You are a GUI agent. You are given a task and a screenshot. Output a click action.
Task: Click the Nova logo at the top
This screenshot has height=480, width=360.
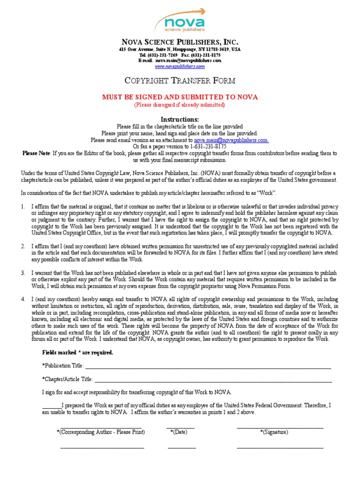(180, 21)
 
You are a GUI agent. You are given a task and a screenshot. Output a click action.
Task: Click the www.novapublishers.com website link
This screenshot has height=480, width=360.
(180, 67)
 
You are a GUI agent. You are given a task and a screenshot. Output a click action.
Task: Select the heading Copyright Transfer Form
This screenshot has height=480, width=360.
(180, 81)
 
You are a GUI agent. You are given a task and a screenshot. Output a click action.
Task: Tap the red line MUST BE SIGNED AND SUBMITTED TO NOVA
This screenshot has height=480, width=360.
(180, 97)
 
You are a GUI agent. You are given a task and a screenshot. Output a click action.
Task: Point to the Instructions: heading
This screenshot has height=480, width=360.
(180, 119)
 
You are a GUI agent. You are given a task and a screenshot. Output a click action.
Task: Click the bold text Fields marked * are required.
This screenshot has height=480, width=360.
(77, 352)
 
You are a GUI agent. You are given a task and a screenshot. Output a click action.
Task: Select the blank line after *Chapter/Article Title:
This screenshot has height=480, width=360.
(213, 380)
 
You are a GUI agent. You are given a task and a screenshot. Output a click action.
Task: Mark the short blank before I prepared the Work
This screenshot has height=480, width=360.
(51, 406)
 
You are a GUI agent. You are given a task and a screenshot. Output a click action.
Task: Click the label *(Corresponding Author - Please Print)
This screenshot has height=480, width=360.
(100, 432)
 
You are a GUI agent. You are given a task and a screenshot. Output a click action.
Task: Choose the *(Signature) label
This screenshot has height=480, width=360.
(274, 432)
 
